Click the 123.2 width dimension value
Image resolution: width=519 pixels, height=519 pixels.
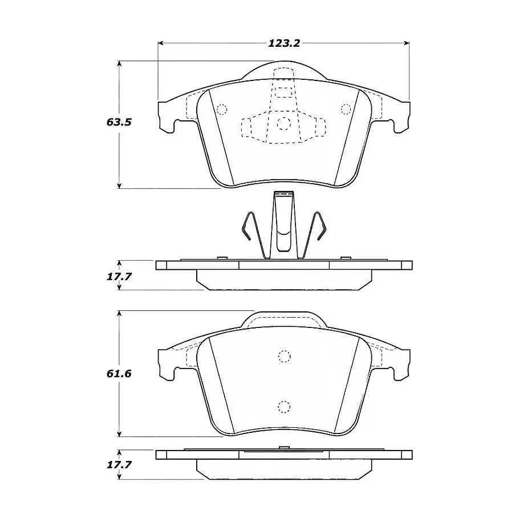click(x=284, y=43)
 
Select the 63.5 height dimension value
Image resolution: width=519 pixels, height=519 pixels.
click(x=119, y=122)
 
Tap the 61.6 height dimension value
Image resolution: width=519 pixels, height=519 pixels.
click(x=119, y=374)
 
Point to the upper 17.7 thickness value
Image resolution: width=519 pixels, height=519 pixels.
click(x=119, y=276)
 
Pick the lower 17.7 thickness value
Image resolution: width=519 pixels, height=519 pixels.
click(x=119, y=464)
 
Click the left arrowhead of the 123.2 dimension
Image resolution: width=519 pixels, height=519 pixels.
click(x=161, y=43)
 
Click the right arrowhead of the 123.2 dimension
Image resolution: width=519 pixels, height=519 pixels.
click(x=407, y=43)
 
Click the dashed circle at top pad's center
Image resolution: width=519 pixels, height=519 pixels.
click(x=283, y=124)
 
